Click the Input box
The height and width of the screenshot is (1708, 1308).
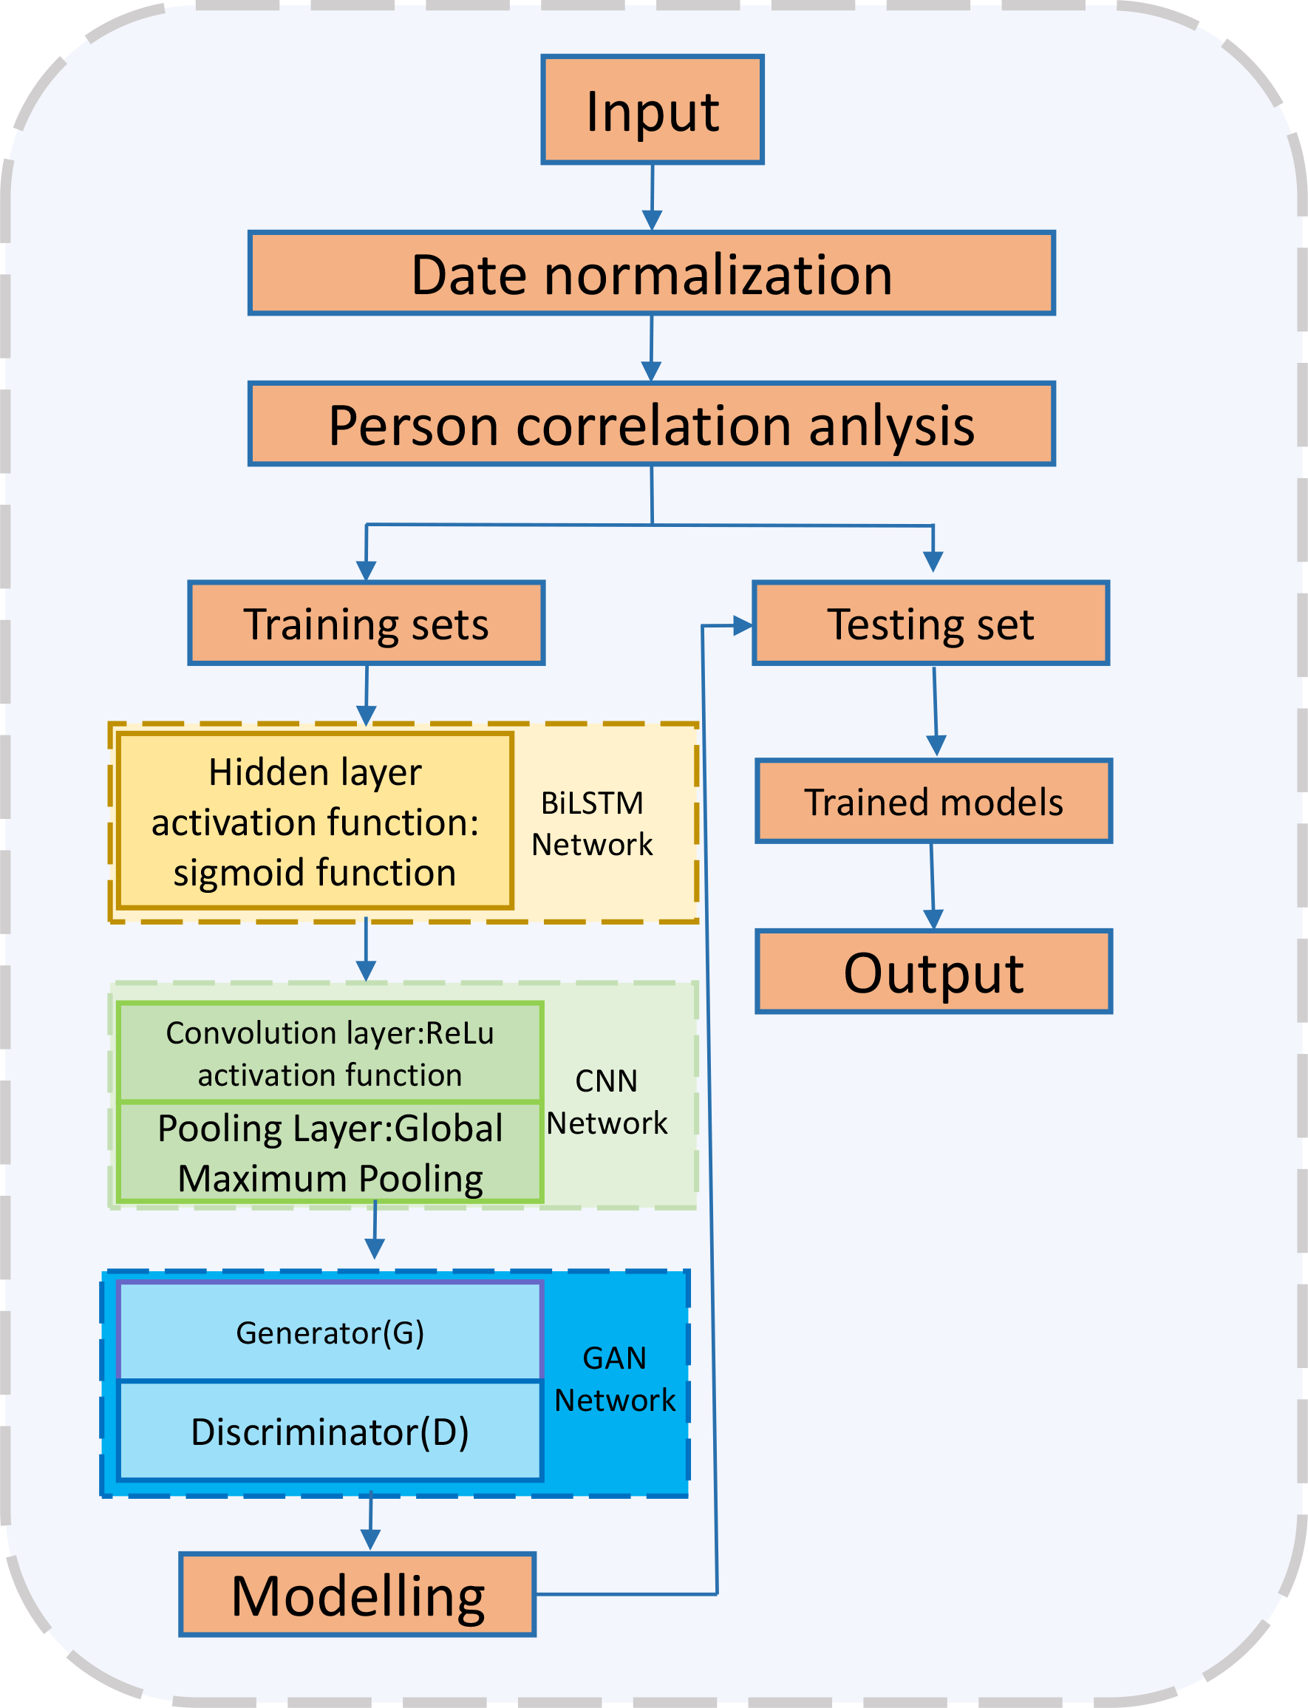pyautogui.click(x=653, y=110)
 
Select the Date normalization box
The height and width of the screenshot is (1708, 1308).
pyautogui.click(x=652, y=273)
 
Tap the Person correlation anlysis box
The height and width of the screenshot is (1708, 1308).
pyautogui.click(x=652, y=424)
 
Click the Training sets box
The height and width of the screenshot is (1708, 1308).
pyautogui.click(x=366, y=624)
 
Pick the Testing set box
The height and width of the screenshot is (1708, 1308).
pyautogui.click(x=930, y=624)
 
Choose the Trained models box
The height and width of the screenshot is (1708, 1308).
pyautogui.click(x=933, y=802)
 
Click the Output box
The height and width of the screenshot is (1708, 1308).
pyautogui.click(x=933, y=972)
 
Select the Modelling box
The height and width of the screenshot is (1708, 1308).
pyautogui.click(x=358, y=1595)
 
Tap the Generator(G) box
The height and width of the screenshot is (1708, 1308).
pyautogui.click(x=330, y=1333)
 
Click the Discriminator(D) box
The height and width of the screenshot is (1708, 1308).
pyautogui.click(x=330, y=1431)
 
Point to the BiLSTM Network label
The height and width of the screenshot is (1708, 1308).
pyautogui.click(x=592, y=823)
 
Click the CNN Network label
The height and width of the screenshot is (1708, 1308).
pyautogui.click(x=607, y=1101)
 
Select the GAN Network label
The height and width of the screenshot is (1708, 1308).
pyautogui.click(x=614, y=1378)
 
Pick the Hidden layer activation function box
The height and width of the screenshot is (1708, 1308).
pyautogui.click(x=315, y=821)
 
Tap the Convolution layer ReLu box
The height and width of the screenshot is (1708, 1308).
pyautogui.click(x=330, y=1052)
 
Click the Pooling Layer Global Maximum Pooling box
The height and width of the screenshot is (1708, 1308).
pyautogui.click(x=330, y=1152)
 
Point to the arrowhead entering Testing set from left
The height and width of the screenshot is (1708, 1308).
pyautogui.click(x=743, y=625)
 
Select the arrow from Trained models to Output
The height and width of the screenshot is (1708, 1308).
pyautogui.click(x=933, y=885)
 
